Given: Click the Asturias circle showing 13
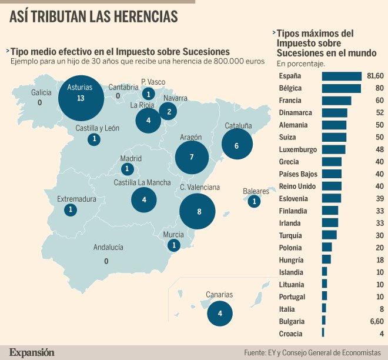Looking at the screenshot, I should coord(81,98).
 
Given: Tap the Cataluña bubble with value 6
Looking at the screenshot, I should coord(237,145).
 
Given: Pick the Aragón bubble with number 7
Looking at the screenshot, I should coord(192,157).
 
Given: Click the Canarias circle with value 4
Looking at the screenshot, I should coord(220,314).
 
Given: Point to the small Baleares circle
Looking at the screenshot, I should coord(254,202).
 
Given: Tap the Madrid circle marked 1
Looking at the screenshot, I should coord(128,169).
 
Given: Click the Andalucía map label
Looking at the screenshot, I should coord(108,248).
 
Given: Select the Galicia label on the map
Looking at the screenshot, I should coord(41,92).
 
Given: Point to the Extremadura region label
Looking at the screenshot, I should coord(76,199).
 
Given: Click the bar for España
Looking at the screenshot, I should coord(342,76).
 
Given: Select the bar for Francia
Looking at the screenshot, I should coord(336,101).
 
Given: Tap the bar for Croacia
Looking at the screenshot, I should coord(323,334).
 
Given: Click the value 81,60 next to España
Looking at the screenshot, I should coord(374,76).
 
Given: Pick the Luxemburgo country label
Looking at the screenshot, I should coord(297,149).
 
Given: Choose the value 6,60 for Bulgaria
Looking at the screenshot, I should coord(377,321).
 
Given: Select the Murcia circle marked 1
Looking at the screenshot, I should coord(174,246).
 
